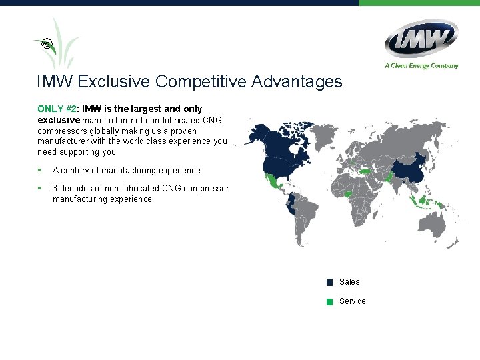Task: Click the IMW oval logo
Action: [421, 38]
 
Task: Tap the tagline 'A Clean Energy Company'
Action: [421, 65]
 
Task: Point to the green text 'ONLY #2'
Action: [57, 109]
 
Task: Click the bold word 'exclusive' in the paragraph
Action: [59, 120]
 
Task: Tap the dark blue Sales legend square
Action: [329, 282]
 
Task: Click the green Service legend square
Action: [329, 301]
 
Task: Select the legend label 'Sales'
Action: [349, 282]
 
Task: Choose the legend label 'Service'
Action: [353, 301]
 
